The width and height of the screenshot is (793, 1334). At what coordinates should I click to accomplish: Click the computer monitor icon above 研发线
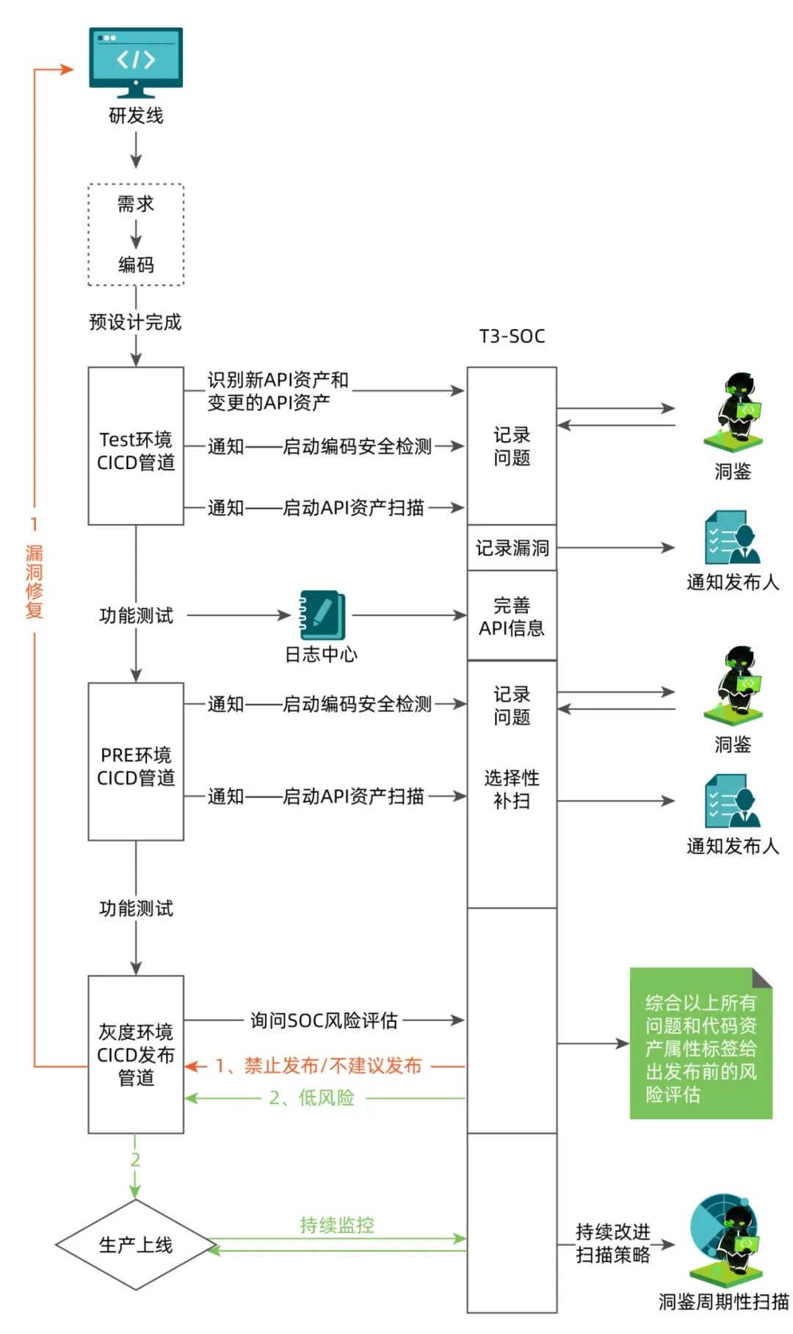tap(136, 62)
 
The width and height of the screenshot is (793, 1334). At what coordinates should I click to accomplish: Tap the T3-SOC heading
tap(512, 336)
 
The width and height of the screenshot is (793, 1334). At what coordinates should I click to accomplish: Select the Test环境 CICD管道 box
tap(136, 446)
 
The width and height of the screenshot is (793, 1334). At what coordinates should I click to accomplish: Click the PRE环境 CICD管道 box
tap(136, 761)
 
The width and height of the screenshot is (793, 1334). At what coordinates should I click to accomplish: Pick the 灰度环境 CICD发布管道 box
tap(136, 1054)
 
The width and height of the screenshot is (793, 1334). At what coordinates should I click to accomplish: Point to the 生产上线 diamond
tap(136, 1245)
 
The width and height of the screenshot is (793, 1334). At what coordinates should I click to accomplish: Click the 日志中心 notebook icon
tap(322, 615)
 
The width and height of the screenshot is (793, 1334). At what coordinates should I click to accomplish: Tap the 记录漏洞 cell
tap(512, 548)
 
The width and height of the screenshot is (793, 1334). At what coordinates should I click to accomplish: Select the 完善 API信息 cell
tap(512, 616)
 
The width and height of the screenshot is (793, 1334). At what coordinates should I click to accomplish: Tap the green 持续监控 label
tap(337, 1225)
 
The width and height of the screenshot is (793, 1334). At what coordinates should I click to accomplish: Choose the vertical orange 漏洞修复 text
tap(35, 581)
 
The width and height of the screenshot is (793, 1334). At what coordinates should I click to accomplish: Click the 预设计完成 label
tap(135, 322)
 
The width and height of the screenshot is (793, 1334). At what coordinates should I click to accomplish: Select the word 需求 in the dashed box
tap(136, 203)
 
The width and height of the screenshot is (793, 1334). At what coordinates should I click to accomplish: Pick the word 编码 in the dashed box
tap(136, 264)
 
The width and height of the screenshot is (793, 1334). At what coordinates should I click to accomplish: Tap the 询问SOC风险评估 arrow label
tap(324, 1020)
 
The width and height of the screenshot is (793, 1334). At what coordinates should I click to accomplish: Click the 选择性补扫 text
tap(512, 789)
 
